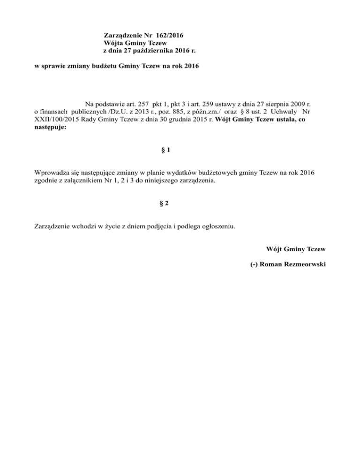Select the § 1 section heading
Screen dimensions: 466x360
pos(165,150)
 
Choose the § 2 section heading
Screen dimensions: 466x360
pos(165,204)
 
